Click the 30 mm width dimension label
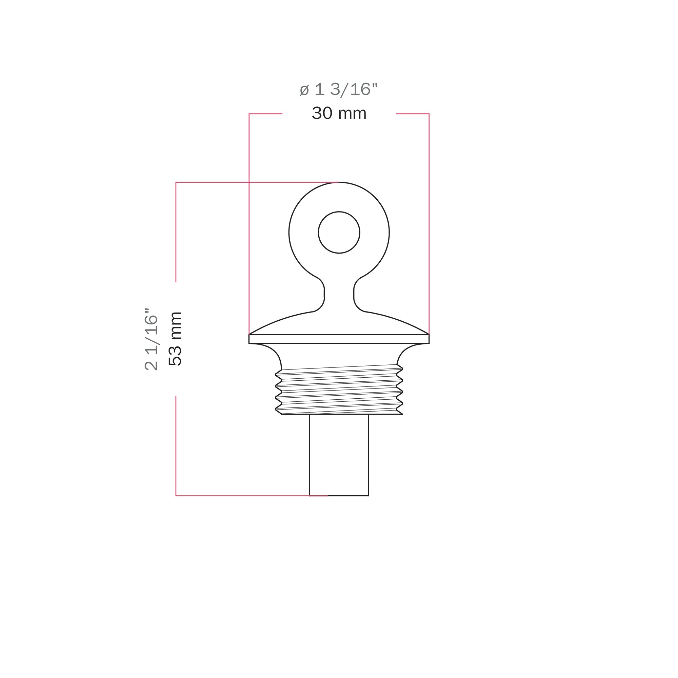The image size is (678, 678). (x=339, y=113)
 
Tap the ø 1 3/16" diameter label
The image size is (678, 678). (x=339, y=89)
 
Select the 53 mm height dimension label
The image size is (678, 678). (x=175, y=339)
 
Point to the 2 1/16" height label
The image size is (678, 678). (x=151, y=339)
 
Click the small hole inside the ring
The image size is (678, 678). (x=339, y=232)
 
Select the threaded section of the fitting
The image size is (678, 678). (x=339, y=390)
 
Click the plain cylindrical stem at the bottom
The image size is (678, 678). (x=339, y=455)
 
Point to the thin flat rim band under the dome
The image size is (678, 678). (x=339, y=339)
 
